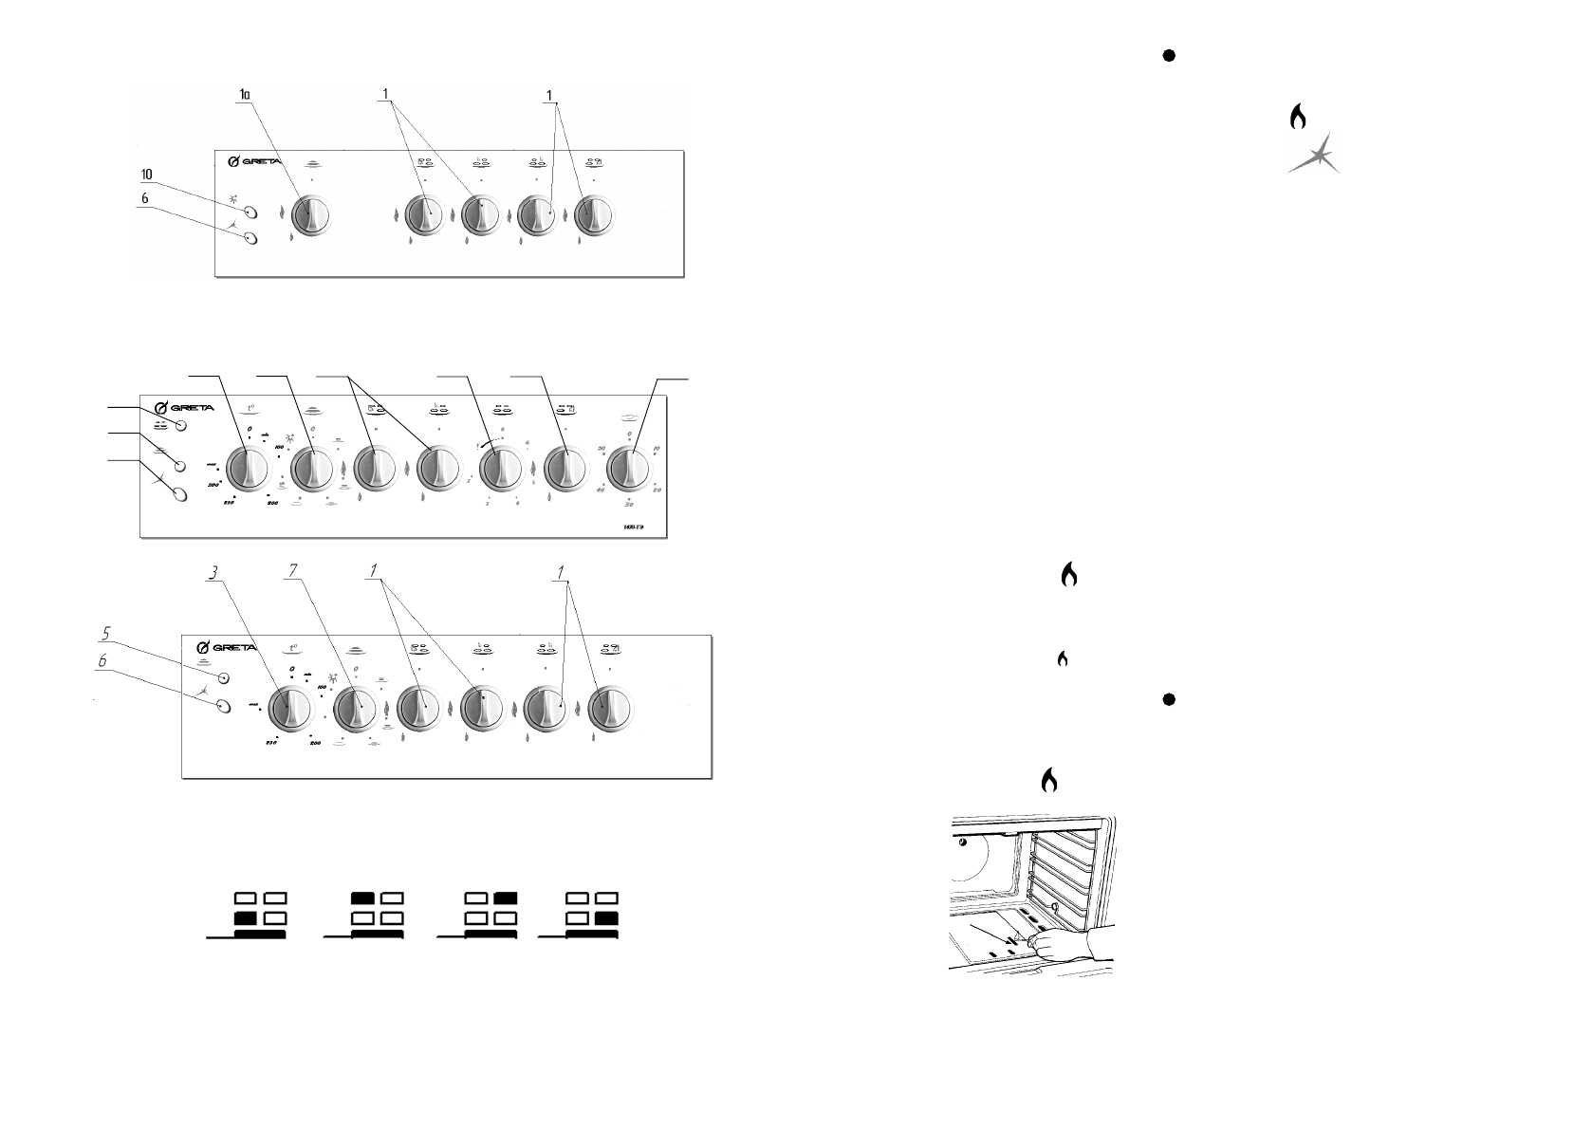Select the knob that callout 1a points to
[310, 216]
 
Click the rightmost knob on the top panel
[594, 216]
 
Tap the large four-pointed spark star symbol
[1315, 153]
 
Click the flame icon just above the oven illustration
[1048, 780]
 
